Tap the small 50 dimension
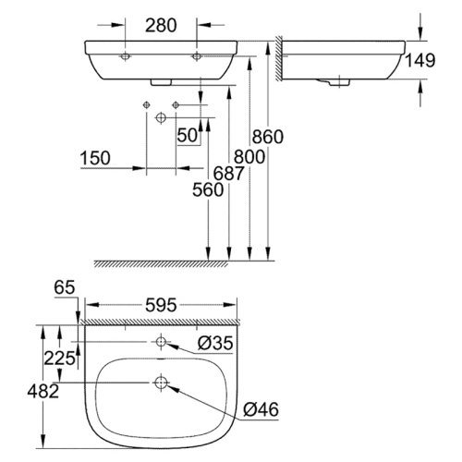[x=188, y=136]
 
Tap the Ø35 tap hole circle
[x=161, y=340]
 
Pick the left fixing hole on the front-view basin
[x=127, y=56]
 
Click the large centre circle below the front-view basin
[x=161, y=117]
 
